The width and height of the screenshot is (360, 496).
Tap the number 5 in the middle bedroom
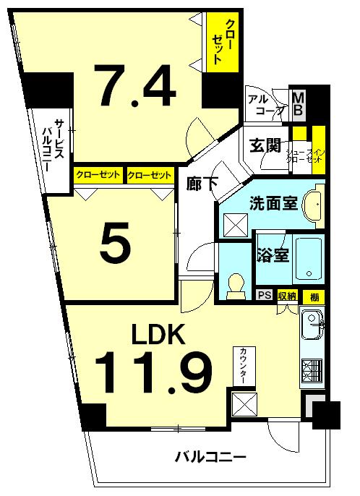pyautogui.click(x=116, y=244)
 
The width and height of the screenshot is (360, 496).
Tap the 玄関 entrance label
pyautogui.click(x=265, y=145)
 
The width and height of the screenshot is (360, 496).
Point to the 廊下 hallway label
pyautogui.click(x=203, y=183)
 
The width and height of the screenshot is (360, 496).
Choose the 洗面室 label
pyautogui.click(x=274, y=203)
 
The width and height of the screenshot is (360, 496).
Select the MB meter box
pyautogui.click(x=298, y=103)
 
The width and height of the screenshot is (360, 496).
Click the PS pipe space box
pyautogui.click(x=265, y=295)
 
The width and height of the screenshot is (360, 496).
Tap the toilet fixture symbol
pyautogui.click(x=235, y=285)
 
